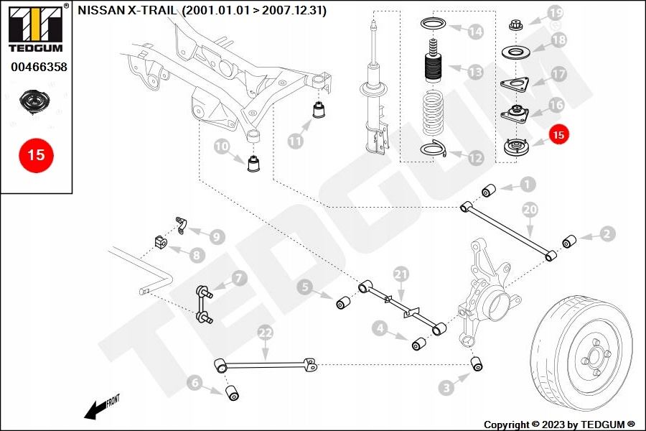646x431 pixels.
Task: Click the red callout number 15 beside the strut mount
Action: click(558, 134)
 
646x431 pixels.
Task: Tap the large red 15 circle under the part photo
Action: click(36, 154)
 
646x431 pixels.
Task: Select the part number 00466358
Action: click(39, 67)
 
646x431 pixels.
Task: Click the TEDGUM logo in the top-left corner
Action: click(35, 29)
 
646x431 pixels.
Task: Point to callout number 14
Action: click(475, 32)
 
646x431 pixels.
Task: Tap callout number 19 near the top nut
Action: click(556, 13)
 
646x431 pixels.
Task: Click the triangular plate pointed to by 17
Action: click(514, 85)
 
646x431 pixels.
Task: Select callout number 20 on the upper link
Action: click(530, 210)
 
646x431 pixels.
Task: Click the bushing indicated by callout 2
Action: click(568, 241)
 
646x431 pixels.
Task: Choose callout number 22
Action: click(266, 333)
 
